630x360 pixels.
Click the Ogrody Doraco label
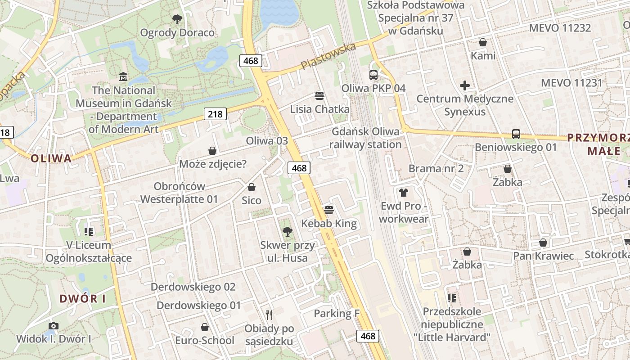click(x=177, y=32)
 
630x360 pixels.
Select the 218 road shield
click(x=215, y=114)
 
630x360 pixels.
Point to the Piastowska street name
click(x=328, y=56)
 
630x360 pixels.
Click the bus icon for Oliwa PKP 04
click(x=373, y=75)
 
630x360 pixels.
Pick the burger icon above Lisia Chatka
click(x=319, y=96)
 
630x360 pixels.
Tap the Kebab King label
click(x=329, y=224)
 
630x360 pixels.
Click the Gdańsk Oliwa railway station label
click(x=365, y=138)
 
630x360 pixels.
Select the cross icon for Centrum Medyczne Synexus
click(x=465, y=85)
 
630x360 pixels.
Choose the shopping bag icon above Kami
click(x=483, y=43)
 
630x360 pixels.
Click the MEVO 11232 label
click(x=560, y=28)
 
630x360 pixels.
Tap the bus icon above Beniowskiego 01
click(x=516, y=134)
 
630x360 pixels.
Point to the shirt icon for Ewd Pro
click(x=403, y=193)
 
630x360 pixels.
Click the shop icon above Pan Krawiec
click(x=543, y=243)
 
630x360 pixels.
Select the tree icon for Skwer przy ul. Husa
click(x=287, y=232)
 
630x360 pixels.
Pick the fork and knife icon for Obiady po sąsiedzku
click(x=269, y=315)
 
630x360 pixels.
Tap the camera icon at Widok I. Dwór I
click(x=54, y=326)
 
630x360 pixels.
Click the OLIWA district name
click(x=51, y=158)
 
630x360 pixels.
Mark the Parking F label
click(x=337, y=314)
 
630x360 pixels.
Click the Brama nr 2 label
click(x=436, y=169)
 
